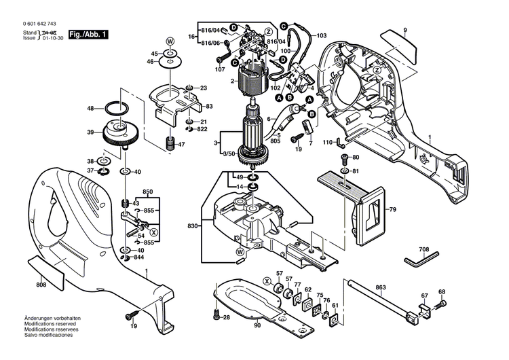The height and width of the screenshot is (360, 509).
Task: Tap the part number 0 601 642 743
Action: coord(31,24)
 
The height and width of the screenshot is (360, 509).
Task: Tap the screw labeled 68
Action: coord(442,303)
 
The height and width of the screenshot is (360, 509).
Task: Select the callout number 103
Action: coord(321,35)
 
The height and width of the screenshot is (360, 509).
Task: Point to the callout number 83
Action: coord(209,107)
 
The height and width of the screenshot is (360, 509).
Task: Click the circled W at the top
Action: coord(170,41)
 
